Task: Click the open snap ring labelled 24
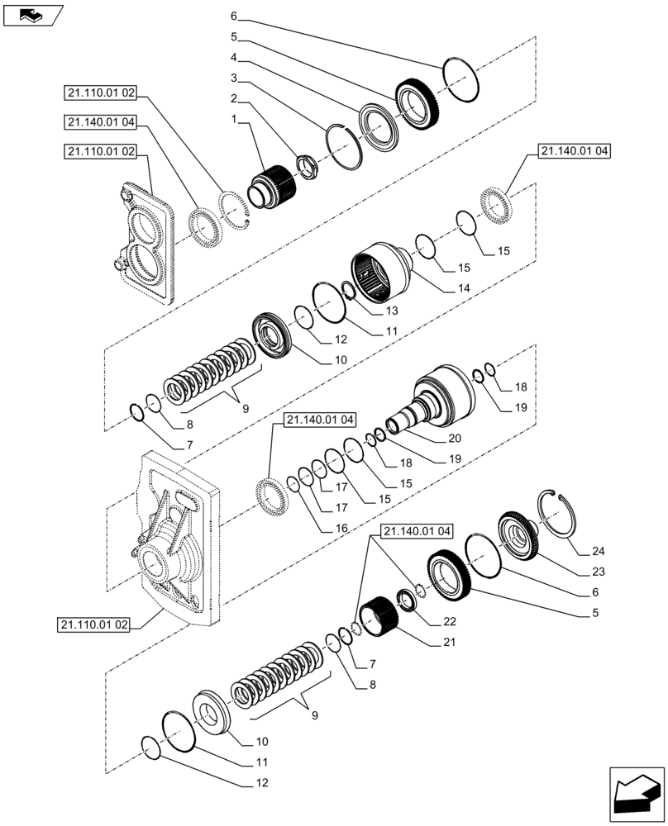556,515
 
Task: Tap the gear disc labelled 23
520,537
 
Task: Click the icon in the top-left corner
33,14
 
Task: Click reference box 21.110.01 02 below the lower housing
95,624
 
